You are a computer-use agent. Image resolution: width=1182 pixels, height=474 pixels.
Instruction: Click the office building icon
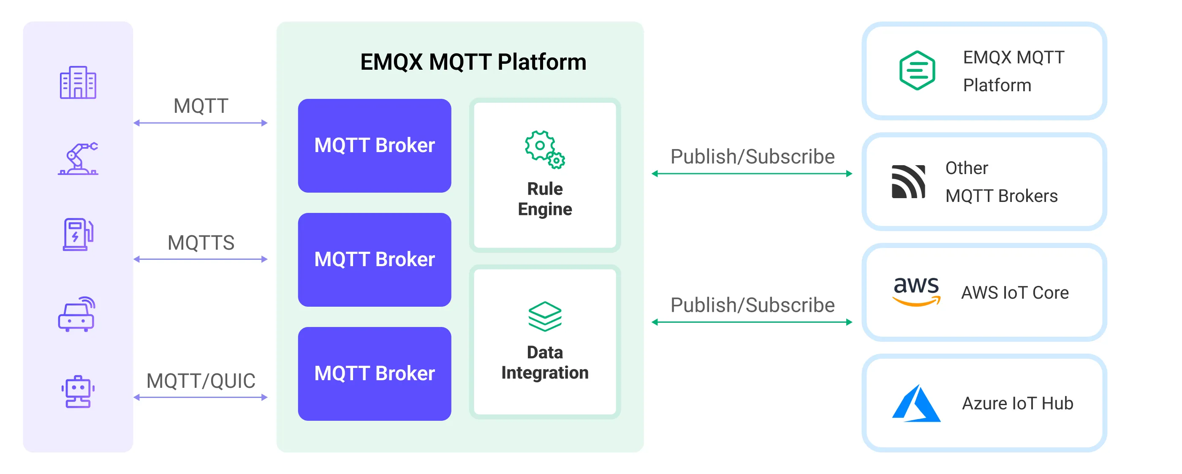(78, 83)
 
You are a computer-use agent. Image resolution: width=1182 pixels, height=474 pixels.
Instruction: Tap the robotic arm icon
(78, 159)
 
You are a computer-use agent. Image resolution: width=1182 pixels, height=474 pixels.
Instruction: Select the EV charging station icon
(78, 234)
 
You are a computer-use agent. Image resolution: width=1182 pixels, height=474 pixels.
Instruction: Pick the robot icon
(78, 392)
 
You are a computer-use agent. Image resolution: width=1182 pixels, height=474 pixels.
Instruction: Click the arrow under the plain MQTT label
(201, 123)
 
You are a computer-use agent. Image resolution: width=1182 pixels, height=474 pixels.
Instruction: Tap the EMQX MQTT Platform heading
(473, 62)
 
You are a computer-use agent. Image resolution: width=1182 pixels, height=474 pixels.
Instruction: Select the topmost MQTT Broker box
(375, 145)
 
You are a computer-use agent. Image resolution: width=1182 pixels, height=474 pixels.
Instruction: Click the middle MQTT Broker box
(375, 260)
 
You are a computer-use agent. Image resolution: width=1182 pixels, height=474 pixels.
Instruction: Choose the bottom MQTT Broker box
(375, 373)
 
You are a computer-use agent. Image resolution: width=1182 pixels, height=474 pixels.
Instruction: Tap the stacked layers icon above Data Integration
(545, 316)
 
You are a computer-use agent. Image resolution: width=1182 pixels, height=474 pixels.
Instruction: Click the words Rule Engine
(545, 199)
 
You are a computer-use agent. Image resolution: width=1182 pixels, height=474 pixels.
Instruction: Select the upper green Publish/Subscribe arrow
(752, 174)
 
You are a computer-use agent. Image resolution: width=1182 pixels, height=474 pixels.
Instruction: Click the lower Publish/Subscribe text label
(753, 305)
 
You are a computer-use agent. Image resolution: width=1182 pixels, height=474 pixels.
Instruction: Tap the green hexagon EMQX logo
(917, 71)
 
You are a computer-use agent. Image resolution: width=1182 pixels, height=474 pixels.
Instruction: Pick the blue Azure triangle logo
(916, 403)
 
